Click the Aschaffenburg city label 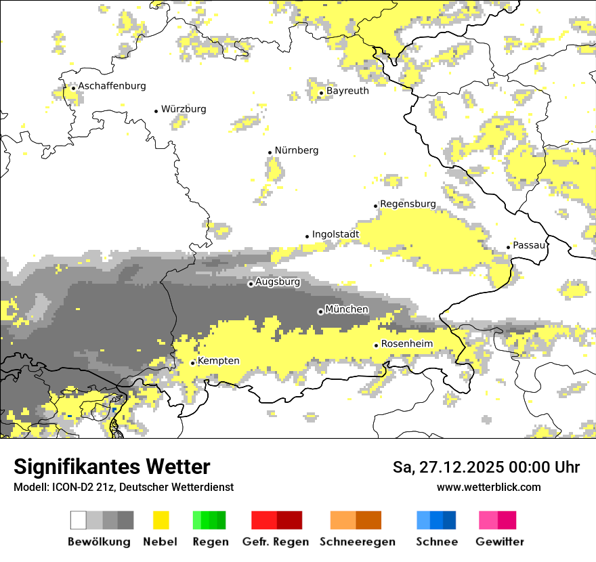(112, 86)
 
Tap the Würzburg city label (184, 109)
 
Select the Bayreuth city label (347, 91)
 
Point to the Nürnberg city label (297, 150)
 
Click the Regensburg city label (408, 204)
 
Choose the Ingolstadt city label (335, 235)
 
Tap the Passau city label (529, 245)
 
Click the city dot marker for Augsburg (251, 284)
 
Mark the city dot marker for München (320, 311)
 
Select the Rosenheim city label (406, 344)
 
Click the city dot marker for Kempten (193, 363)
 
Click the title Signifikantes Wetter (112, 467)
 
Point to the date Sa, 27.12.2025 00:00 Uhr (486, 467)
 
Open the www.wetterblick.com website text (488, 487)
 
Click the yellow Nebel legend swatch (161, 520)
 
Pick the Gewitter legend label (500, 542)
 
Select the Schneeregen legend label (358, 542)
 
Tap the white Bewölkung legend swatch (79, 520)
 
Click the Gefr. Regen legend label (275, 542)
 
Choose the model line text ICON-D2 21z (123, 487)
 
